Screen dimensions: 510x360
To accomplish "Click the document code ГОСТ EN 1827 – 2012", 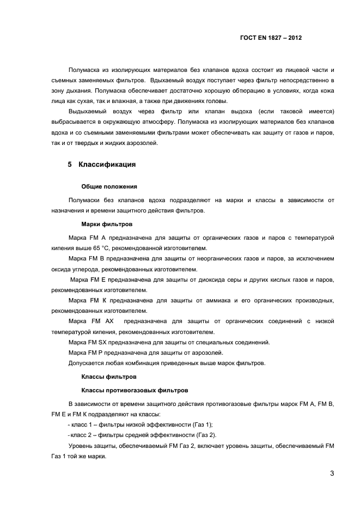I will click(271, 38).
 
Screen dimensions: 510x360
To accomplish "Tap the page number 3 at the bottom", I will click(332, 472).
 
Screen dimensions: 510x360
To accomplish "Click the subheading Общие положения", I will click(105, 186).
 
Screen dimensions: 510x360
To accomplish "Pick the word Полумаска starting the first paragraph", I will click(82, 70).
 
